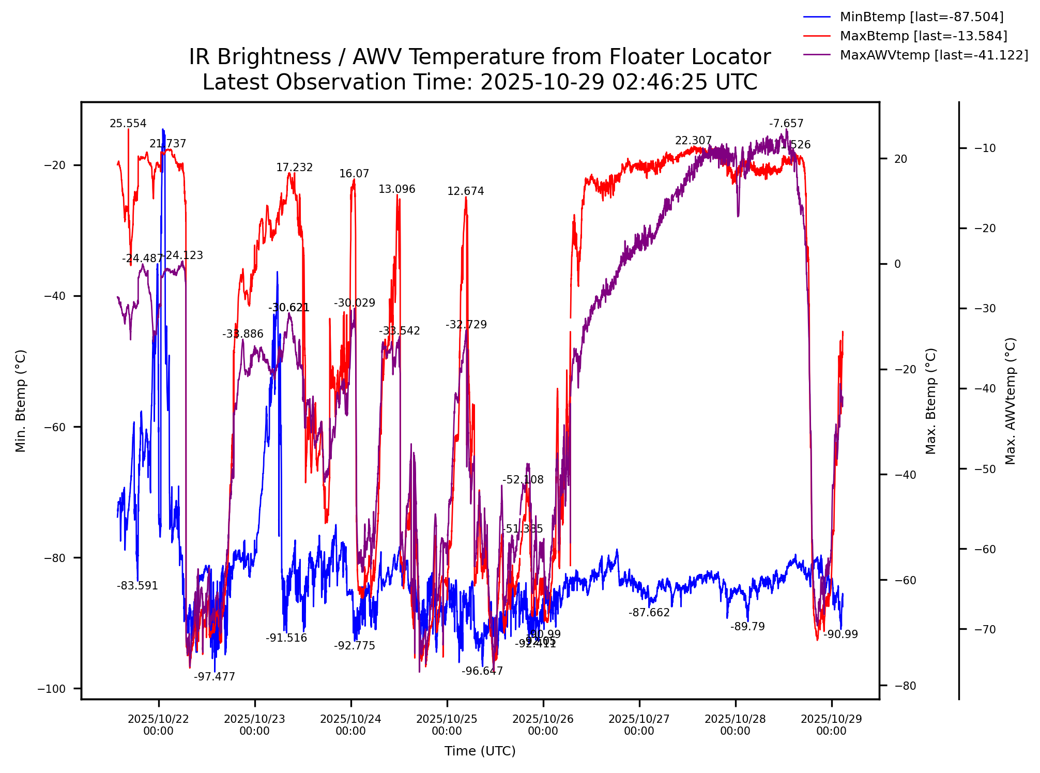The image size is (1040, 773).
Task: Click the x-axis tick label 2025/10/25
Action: pyautogui.click(x=447, y=725)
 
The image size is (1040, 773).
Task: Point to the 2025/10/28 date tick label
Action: pyautogui.click(x=735, y=725)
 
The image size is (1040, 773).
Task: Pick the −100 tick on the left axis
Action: pyautogui.click(x=59, y=689)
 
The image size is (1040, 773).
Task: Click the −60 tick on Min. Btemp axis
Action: pyautogui.click(x=55, y=427)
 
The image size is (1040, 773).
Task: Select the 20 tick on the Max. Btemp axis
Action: pyautogui.click(x=900, y=159)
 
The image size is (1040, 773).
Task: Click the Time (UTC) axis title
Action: pyautogui.click(x=480, y=751)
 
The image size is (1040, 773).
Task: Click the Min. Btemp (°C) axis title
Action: pyautogui.click(x=21, y=401)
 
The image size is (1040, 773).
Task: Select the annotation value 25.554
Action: pyautogui.click(x=128, y=124)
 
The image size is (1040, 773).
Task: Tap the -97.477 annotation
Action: pyautogui.click(x=214, y=677)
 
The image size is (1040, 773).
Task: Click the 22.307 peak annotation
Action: pyautogui.click(x=693, y=141)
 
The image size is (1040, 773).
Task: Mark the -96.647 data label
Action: pyautogui.click(x=482, y=671)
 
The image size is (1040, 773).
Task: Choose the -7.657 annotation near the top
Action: pyautogui.click(x=786, y=124)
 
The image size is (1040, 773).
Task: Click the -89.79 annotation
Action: pyautogui.click(x=747, y=627)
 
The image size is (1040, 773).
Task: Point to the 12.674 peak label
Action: pyautogui.click(x=465, y=191)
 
